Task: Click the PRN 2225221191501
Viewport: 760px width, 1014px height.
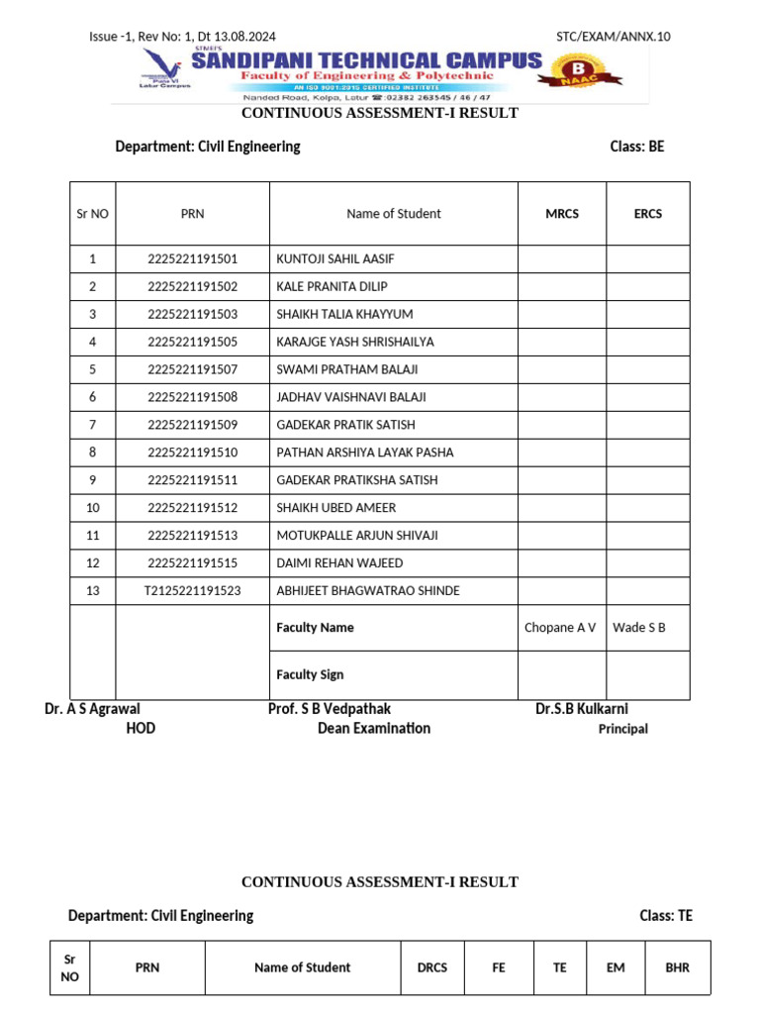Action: tap(193, 259)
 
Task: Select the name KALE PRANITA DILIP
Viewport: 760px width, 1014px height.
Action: tap(332, 287)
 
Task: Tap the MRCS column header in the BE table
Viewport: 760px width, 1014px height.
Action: tap(562, 214)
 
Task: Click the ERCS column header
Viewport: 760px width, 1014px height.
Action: tap(648, 214)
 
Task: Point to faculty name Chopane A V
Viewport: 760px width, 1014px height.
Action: tap(560, 628)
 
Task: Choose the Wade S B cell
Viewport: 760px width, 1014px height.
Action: tap(639, 628)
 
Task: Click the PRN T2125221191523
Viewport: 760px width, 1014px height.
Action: tap(193, 591)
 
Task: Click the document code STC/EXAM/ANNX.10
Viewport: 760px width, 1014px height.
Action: tap(613, 37)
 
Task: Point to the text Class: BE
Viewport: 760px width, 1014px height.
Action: tap(637, 147)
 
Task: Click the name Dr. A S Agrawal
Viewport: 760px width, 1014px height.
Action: tap(92, 709)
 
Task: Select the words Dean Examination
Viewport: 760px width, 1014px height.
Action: tap(374, 729)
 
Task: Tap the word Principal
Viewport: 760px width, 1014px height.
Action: tap(623, 729)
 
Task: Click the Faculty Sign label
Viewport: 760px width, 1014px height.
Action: tap(310, 675)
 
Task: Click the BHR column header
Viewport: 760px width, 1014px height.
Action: tap(678, 967)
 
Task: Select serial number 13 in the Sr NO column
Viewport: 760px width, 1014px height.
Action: tap(93, 591)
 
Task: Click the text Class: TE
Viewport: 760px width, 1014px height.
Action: tap(666, 916)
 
